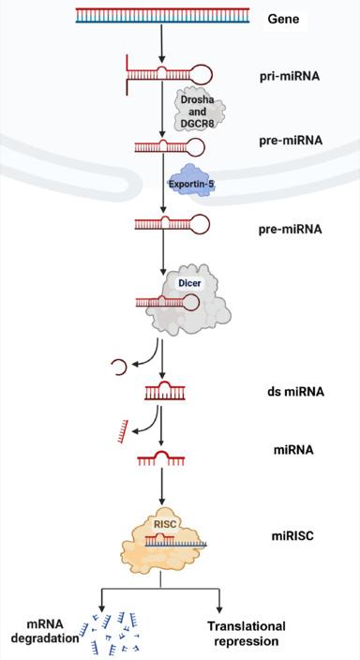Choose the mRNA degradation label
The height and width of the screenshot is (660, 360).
[x=39, y=632]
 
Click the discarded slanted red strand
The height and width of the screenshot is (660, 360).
[x=120, y=430]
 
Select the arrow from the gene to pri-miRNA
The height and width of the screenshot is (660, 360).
[x=162, y=42]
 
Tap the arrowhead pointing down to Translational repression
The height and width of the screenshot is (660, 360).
[x=221, y=607]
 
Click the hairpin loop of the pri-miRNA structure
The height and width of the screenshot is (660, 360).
[x=199, y=72]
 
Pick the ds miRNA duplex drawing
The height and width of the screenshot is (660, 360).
[x=163, y=389]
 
